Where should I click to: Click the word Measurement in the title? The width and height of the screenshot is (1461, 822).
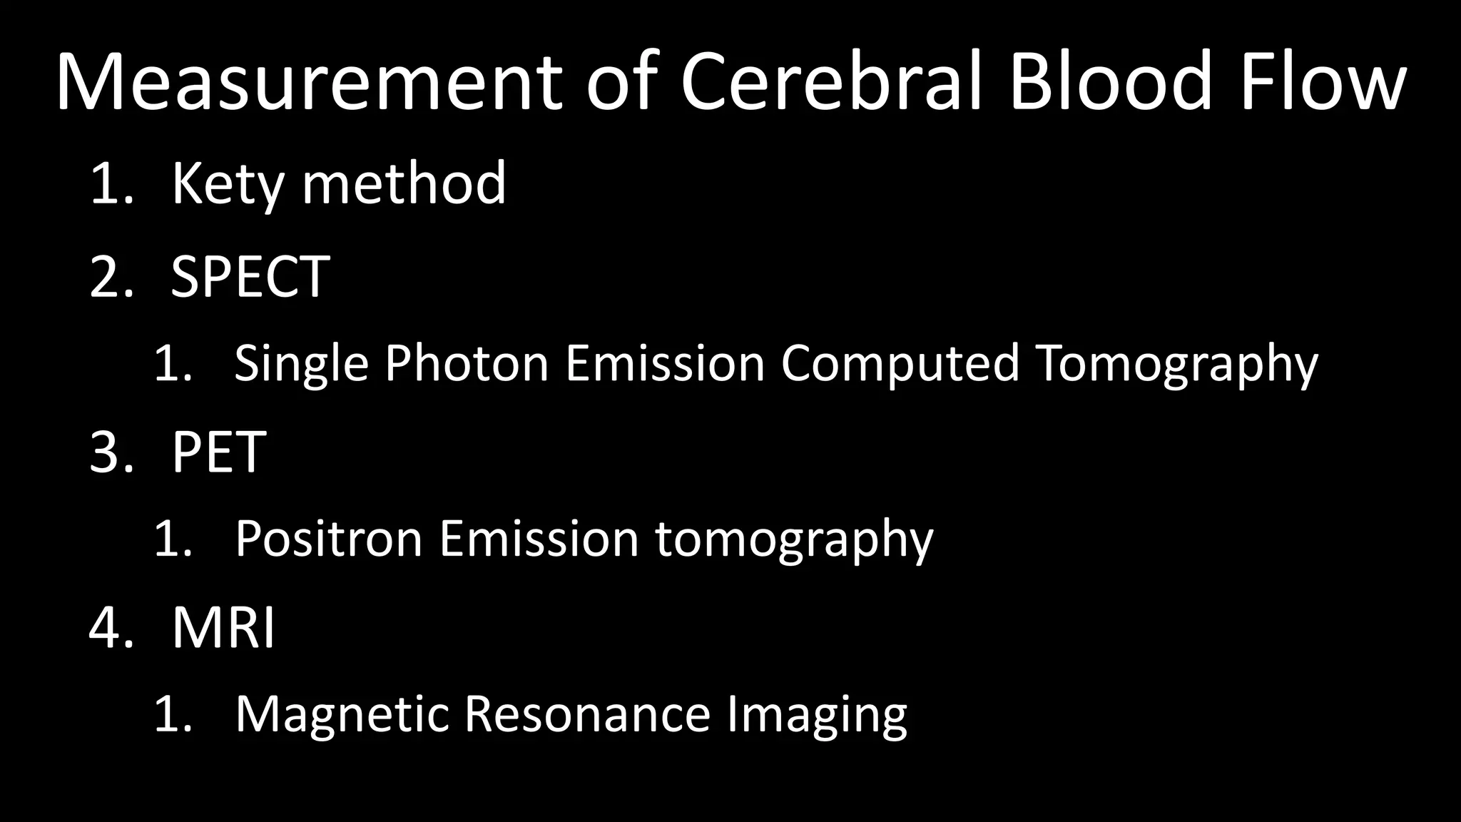(x=308, y=82)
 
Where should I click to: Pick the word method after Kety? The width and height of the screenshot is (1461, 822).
(x=404, y=184)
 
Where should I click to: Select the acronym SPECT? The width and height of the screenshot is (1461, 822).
(x=250, y=277)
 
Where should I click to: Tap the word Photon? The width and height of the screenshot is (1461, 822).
(x=467, y=363)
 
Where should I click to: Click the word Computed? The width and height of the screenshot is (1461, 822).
(x=900, y=363)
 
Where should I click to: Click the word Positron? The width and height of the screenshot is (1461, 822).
(x=329, y=539)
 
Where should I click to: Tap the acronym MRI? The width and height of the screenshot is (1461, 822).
(x=223, y=628)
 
